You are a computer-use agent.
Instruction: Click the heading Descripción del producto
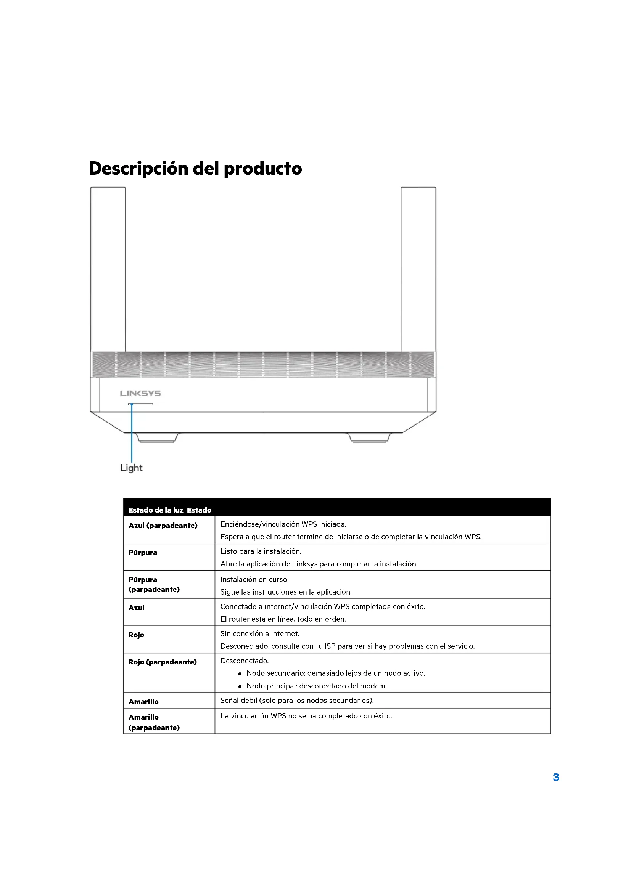[195, 169]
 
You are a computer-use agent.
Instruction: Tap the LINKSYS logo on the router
[140, 393]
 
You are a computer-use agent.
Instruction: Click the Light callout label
[131, 468]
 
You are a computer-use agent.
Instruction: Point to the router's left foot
[157, 438]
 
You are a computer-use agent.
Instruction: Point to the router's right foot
[370, 438]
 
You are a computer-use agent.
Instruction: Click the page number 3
[555, 777]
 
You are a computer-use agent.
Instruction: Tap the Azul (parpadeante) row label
[163, 526]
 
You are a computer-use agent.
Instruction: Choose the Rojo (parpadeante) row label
[163, 662]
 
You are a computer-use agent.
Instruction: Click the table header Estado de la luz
[155, 510]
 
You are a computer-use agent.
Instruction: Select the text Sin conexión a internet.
[260, 634]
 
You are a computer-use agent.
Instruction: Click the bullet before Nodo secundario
[240, 673]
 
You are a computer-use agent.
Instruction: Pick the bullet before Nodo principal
[240, 686]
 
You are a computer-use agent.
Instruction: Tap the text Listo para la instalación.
[261, 551]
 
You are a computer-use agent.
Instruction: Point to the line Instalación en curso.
[254, 579]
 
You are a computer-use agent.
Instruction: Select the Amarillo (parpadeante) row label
[154, 722]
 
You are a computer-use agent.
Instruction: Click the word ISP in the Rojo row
[330, 646]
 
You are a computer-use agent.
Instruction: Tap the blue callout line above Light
[132, 433]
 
